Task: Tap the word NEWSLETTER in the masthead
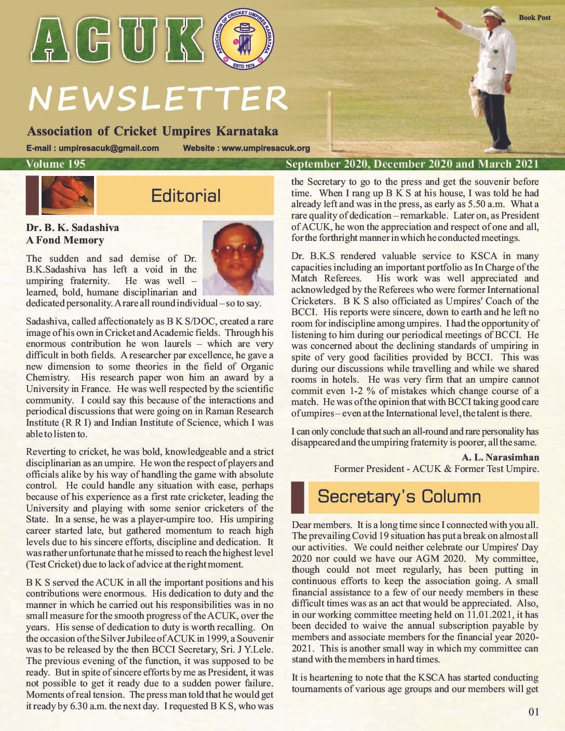(x=158, y=98)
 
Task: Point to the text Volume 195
(x=56, y=164)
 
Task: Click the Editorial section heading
(x=185, y=196)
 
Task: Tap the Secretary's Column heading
(x=399, y=496)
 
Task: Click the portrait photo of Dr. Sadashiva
(x=238, y=258)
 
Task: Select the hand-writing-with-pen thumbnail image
(x=68, y=195)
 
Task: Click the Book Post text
(x=534, y=18)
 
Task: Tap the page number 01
(x=534, y=712)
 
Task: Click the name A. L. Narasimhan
(x=500, y=457)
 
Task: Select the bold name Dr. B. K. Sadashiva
(x=72, y=227)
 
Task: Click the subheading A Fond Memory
(x=65, y=240)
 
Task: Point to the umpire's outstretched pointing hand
(x=439, y=10)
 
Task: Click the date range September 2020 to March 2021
(x=412, y=164)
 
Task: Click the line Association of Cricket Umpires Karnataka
(x=152, y=131)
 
